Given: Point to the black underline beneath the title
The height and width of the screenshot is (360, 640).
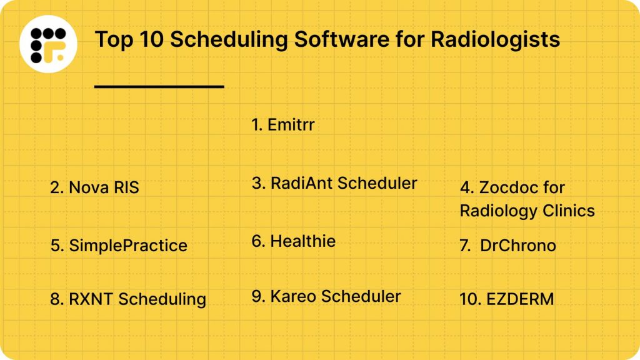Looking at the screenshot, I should [159, 86].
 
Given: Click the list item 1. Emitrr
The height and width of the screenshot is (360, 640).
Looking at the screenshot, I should [283, 125].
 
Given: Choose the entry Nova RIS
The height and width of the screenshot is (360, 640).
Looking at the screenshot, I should [94, 187].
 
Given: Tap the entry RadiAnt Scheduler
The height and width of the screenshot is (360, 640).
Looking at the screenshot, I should [334, 183].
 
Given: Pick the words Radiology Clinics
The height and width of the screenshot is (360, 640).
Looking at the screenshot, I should [527, 211].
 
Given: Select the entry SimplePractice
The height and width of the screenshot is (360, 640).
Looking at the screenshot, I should [119, 245].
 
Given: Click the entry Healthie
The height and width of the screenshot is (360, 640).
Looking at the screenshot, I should [294, 241].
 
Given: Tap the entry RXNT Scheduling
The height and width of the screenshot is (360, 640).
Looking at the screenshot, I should [128, 299].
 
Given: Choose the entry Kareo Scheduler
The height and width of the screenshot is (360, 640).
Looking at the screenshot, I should [326, 296].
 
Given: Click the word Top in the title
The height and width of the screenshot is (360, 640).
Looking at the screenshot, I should [111, 40].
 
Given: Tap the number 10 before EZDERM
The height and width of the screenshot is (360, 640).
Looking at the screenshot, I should [469, 299].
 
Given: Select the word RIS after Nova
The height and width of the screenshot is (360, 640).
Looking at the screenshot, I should [122, 187].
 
